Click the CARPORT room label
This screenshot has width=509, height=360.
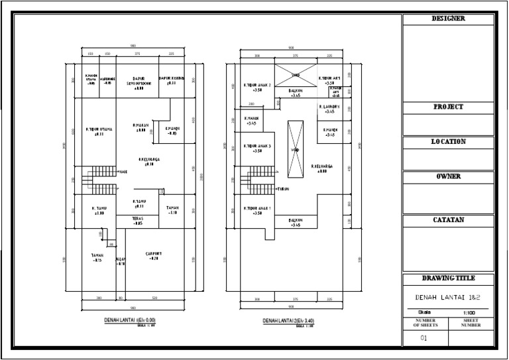coord(153,256)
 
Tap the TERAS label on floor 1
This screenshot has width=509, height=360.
coord(138,221)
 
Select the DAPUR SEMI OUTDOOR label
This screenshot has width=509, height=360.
coord(139,80)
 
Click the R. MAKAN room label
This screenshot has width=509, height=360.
coord(139,127)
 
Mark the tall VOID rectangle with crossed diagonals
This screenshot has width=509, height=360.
coord(296,149)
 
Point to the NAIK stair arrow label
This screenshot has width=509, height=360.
coord(123,172)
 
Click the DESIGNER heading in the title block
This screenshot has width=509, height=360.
coord(448,19)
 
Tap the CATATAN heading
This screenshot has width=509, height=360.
coord(448,219)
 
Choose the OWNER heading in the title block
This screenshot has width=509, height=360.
coord(448,176)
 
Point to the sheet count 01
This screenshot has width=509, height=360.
coord(424,338)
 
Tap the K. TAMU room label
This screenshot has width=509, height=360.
coord(98,211)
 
